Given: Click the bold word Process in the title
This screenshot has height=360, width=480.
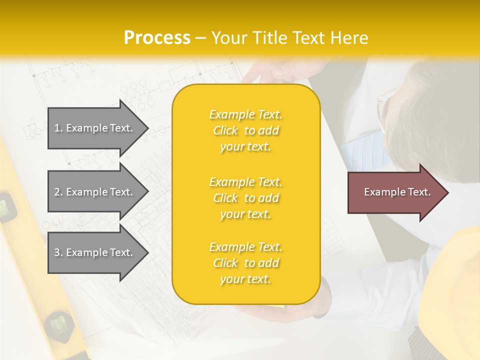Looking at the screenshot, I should pos(157,38).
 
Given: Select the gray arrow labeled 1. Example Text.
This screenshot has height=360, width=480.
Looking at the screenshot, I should pos(95,128).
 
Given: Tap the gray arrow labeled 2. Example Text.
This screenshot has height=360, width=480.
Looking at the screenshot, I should pos(95,192).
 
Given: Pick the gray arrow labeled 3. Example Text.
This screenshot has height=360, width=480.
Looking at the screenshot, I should pos(95,252).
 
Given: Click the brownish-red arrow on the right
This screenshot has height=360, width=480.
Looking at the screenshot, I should pos(395,192).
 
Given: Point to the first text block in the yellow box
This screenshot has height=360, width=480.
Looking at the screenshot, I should pos(245,130).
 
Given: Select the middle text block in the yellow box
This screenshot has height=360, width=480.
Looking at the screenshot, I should pos(245,198).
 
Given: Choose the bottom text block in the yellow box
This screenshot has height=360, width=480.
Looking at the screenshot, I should pos(245,263).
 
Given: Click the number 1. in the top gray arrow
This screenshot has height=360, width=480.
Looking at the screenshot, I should pos(58,128).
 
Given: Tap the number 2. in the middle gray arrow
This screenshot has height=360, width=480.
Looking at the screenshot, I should pos(58,192).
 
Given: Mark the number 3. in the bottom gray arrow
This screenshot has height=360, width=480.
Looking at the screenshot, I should pos(58,252).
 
